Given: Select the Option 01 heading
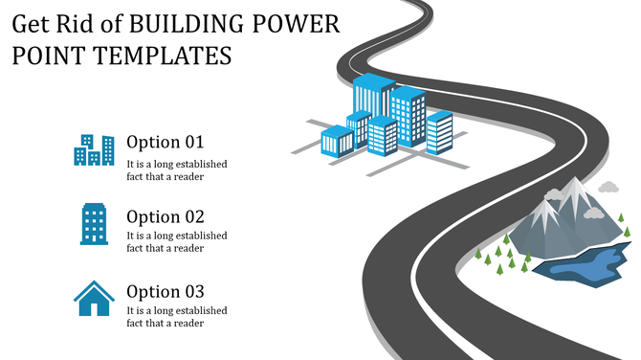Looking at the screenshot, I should coord(166,142).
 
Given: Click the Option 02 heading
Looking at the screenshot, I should coord(166,216).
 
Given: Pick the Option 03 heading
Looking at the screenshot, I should coord(166,291).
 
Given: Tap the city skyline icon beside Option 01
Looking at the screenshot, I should coord(94,150).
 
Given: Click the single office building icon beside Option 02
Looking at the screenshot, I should coord(94,224).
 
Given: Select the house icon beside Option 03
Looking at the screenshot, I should coord(94,299).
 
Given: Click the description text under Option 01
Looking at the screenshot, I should coord(177,169).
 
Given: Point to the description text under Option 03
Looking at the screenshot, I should coord(177,317).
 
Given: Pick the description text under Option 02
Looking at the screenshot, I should coord(177,242).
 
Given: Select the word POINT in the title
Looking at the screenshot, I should coord(47,56).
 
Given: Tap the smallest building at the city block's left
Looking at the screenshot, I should coord(337,141).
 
